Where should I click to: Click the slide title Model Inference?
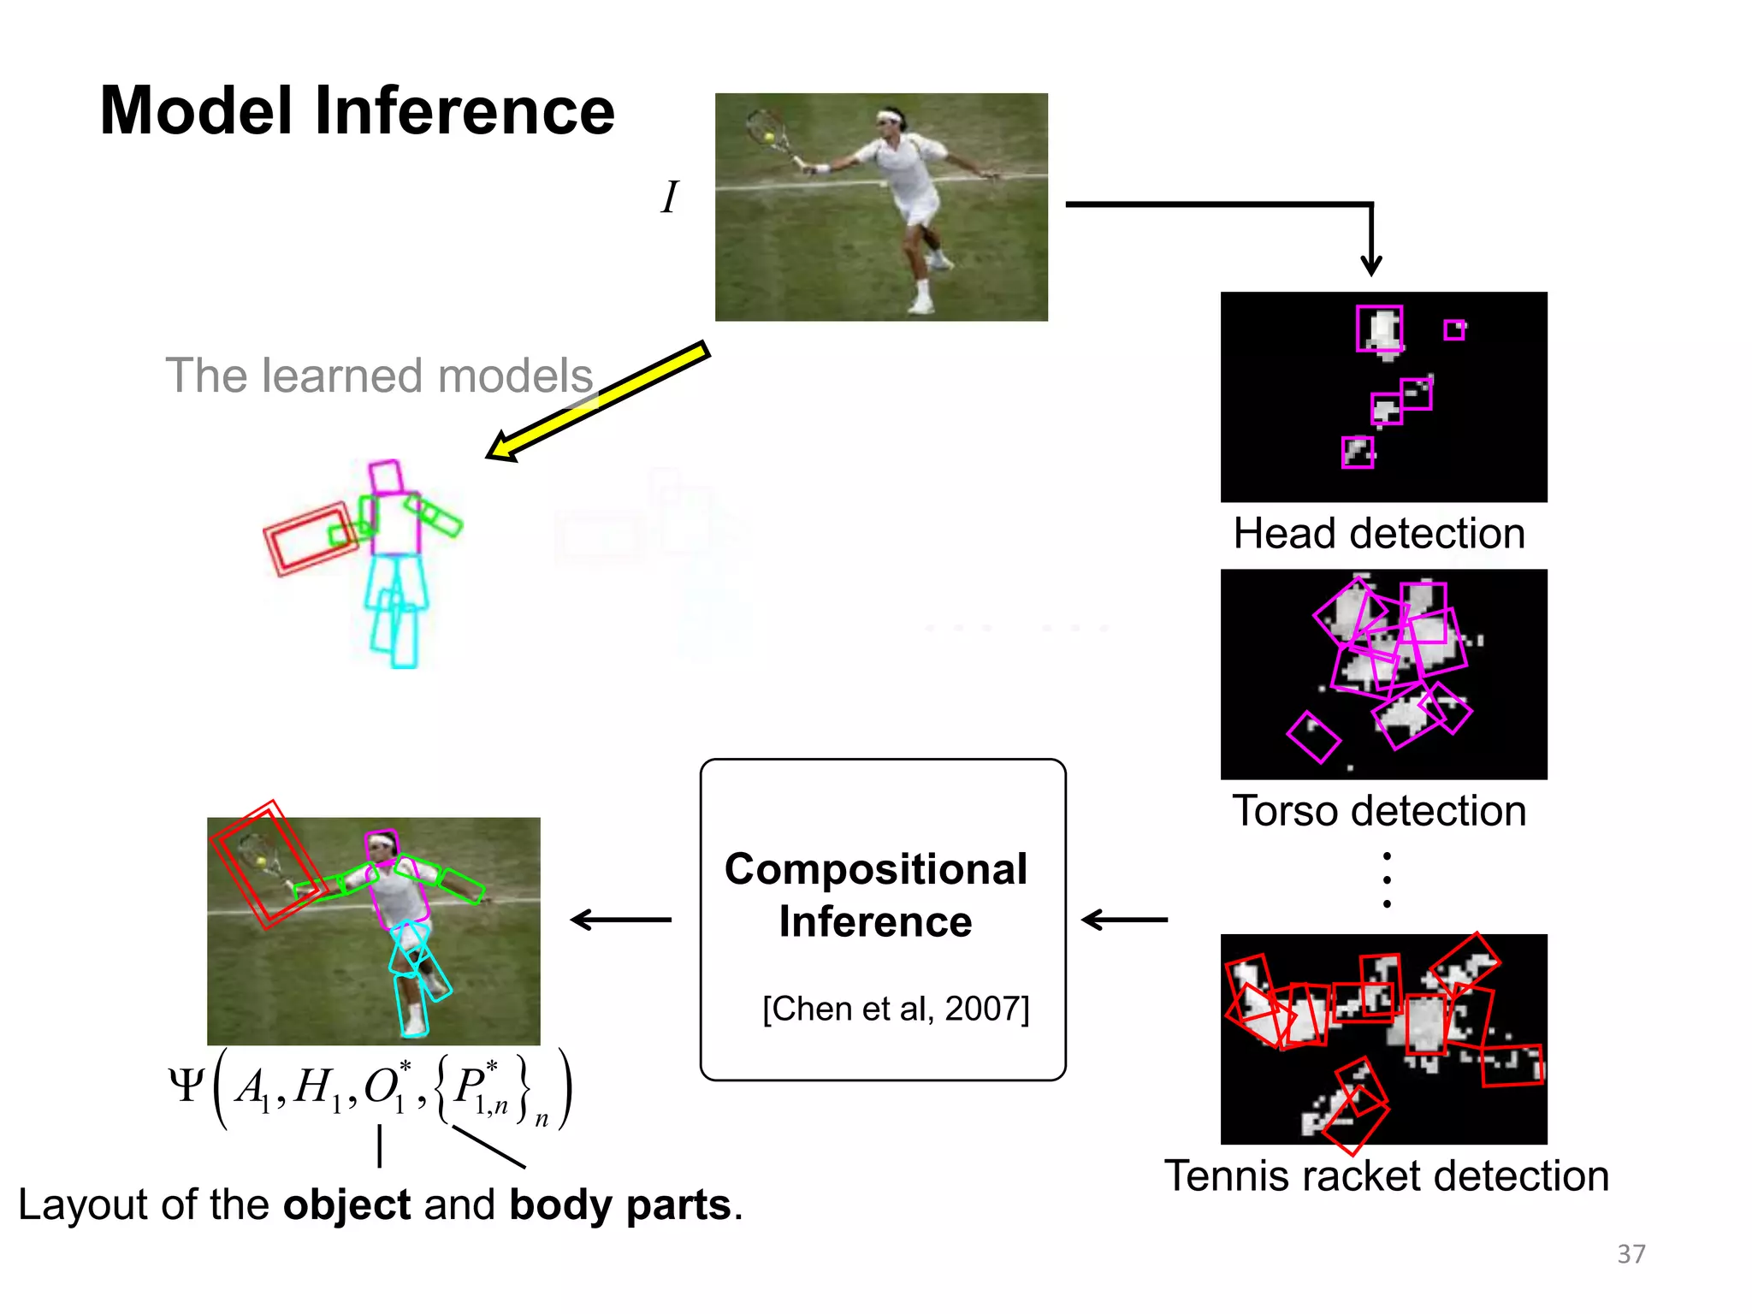(x=357, y=111)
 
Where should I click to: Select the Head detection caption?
(x=1379, y=534)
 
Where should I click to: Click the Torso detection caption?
(x=1379, y=811)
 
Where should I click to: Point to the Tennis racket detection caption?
(x=1386, y=1176)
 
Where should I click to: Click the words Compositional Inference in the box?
(x=876, y=896)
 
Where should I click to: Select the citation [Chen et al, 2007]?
(x=896, y=1009)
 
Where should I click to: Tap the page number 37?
(x=1631, y=1254)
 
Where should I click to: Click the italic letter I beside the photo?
(x=670, y=198)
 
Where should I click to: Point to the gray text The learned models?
(x=379, y=376)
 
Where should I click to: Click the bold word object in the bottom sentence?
(x=346, y=1205)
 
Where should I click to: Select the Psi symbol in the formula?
(x=186, y=1086)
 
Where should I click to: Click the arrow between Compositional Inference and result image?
(x=621, y=920)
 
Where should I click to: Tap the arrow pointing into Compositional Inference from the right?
(x=1124, y=920)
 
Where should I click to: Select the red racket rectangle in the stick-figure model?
(x=310, y=539)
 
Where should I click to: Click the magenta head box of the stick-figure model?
(x=386, y=477)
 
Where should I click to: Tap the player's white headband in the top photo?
(x=890, y=116)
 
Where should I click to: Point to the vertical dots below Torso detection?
(x=1387, y=879)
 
